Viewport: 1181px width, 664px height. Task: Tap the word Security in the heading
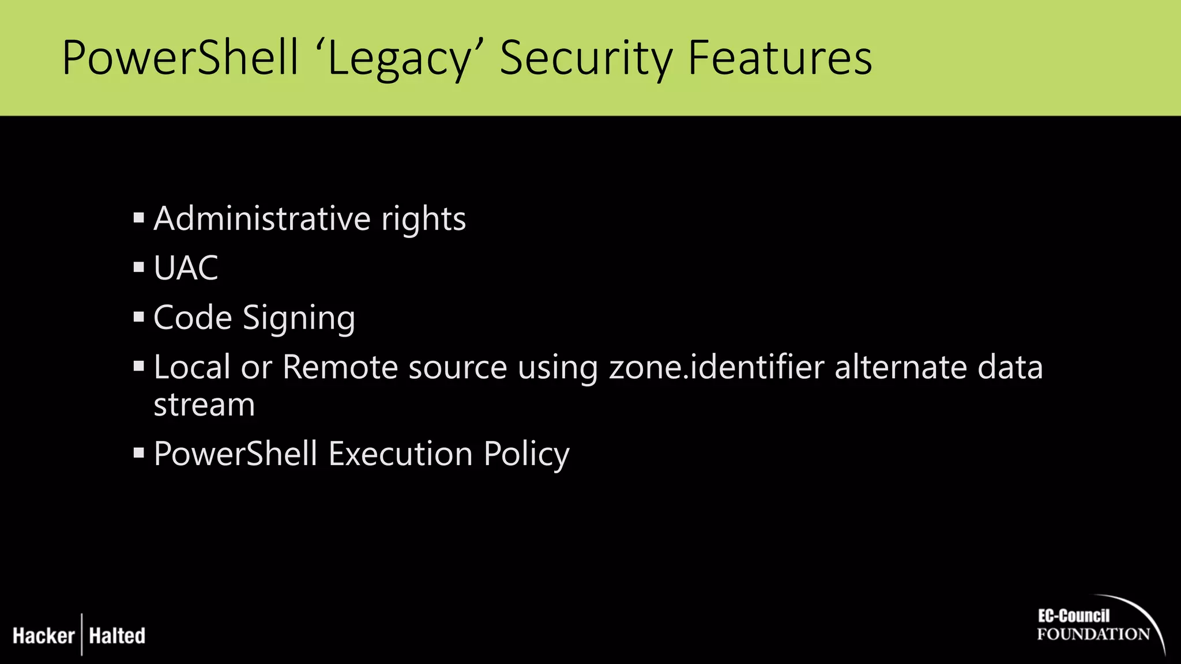coord(585,59)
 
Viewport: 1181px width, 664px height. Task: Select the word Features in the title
coord(780,59)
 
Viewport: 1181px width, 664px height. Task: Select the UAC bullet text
coord(186,268)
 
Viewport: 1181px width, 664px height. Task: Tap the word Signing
coord(299,319)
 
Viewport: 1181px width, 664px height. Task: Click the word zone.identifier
coord(717,367)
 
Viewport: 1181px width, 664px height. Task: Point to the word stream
coord(204,405)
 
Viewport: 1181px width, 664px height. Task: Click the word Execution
coord(401,454)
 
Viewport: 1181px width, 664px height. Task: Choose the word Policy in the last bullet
coord(526,455)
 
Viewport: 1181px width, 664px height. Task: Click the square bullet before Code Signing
coord(138,317)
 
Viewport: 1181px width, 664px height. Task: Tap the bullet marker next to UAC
coord(138,267)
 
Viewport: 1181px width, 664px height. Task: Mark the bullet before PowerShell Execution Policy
coord(138,452)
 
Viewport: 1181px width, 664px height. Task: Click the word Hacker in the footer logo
coord(44,636)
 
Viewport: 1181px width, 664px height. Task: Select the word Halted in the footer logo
coord(117,636)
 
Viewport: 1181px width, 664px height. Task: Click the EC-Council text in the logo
coord(1073,616)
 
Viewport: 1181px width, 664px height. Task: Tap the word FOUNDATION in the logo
coord(1093,635)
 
